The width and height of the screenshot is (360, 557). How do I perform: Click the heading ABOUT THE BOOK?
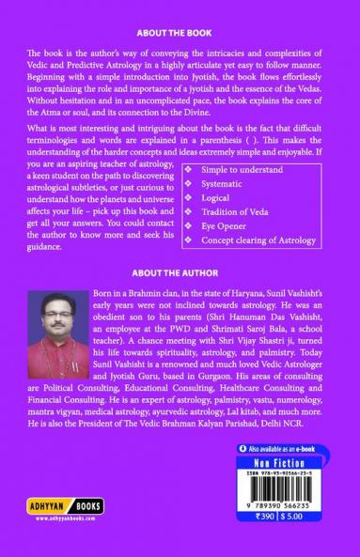(x=179, y=29)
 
